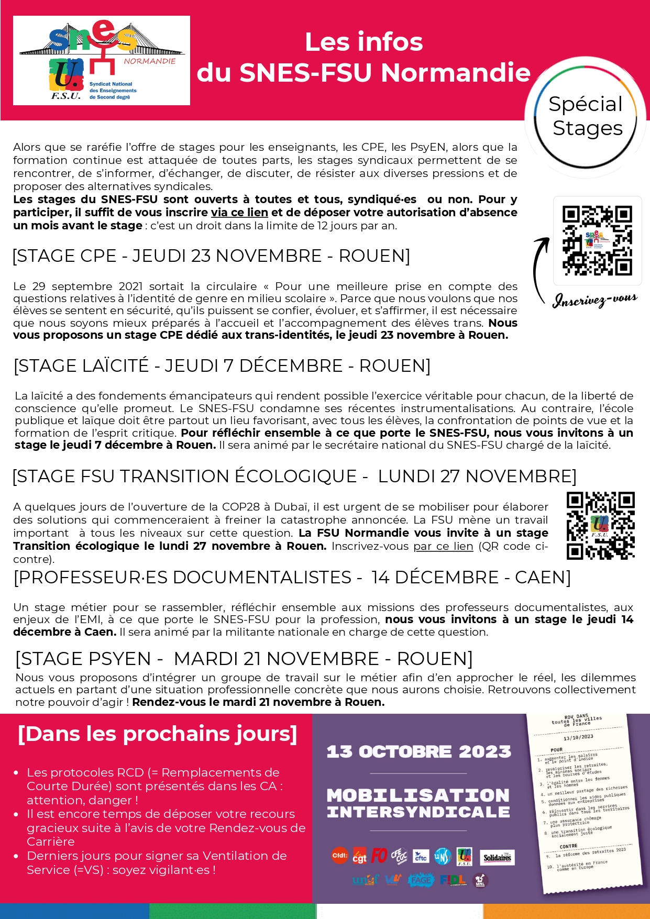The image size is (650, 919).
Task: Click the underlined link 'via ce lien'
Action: (239, 213)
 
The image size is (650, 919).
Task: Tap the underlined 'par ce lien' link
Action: (443, 546)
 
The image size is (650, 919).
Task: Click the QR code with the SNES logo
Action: (597, 240)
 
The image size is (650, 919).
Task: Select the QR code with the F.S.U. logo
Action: (600, 525)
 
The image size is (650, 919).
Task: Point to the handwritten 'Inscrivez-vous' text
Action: (595, 300)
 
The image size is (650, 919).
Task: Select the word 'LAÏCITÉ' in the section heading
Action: (116, 366)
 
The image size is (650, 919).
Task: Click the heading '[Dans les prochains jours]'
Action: (157, 734)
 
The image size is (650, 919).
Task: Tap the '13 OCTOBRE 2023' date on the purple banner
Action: (418, 752)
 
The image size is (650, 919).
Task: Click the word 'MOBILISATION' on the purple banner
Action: (418, 795)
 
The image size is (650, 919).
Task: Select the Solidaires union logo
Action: (497, 858)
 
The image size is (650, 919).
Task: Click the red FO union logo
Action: (379, 856)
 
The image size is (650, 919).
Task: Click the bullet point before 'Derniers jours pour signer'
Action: (16, 856)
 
